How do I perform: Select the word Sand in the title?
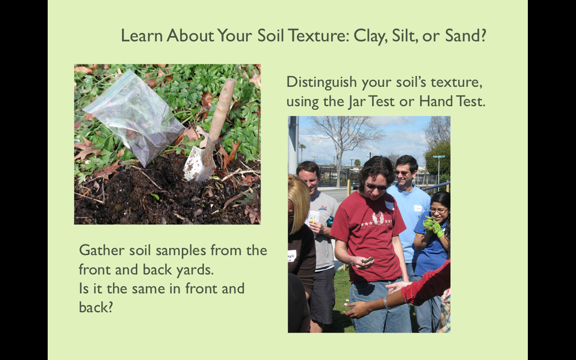coord(465,35)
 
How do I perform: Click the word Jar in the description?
coord(358,102)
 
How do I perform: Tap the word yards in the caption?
coord(195,270)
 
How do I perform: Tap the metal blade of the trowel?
coord(198,164)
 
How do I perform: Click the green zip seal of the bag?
coord(110,92)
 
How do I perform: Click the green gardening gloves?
coord(433,226)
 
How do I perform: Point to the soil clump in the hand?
coord(367,260)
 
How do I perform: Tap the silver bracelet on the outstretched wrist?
coord(386,303)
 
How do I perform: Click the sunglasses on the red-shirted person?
coord(375,187)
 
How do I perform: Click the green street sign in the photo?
coord(439,156)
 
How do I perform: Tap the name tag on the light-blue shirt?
coord(418,208)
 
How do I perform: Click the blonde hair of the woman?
coord(299,201)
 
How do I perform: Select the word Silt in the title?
coord(405,35)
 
